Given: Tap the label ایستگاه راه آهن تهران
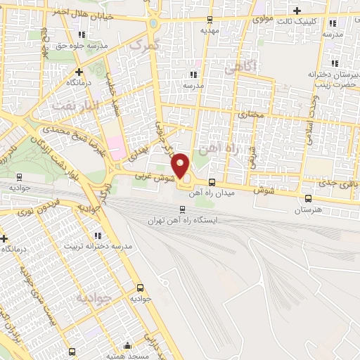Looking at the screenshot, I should pos(183,220).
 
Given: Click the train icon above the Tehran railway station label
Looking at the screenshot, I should pos(183,209).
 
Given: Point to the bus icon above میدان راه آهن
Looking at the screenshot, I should pos(212,182).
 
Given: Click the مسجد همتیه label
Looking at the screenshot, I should pos(127,356).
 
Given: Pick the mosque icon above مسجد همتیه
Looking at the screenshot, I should pos(127,345).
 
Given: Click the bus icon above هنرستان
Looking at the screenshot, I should pos(307,198).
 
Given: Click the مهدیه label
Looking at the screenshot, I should pos(210,31).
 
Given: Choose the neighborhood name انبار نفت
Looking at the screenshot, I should pos(67,105).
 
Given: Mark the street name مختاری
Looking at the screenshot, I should pos(250,113).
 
